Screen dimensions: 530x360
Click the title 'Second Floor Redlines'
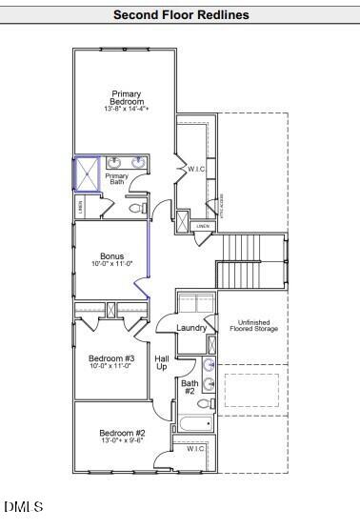coord(180,15)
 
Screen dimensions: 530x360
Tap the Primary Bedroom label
coord(126,98)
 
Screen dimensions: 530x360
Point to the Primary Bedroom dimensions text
coord(127,111)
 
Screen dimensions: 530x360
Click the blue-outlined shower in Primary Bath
coord(86,174)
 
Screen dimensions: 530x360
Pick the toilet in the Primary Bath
coord(134,207)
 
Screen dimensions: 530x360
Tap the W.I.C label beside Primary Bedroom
coord(195,170)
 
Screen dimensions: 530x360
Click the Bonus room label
coord(112,256)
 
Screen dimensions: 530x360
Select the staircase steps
coord(251,260)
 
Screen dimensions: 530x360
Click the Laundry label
coord(191,328)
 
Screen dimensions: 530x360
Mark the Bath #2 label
coord(189,386)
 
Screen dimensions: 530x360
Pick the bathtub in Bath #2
coord(196,424)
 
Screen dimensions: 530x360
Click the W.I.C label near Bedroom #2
coord(195,449)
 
